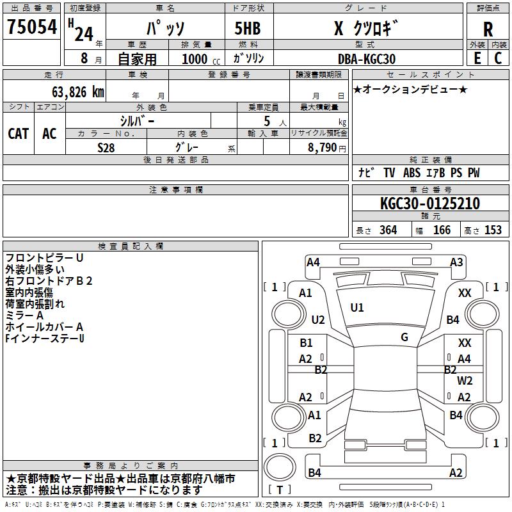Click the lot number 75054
click(31, 28)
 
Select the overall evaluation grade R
click(488, 29)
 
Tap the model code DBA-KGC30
click(367, 59)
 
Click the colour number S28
click(106, 147)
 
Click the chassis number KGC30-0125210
click(429, 204)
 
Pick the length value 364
click(388, 230)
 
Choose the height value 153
click(493, 230)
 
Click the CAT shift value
click(19, 133)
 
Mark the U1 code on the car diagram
click(357, 308)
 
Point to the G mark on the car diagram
click(404, 337)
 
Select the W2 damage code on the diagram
click(465, 381)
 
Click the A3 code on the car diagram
click(456, 262)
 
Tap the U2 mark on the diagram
click(318, 320)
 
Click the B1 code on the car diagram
click(307, 343)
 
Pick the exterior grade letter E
click(477, 58)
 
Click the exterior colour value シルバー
click(137, 120)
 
